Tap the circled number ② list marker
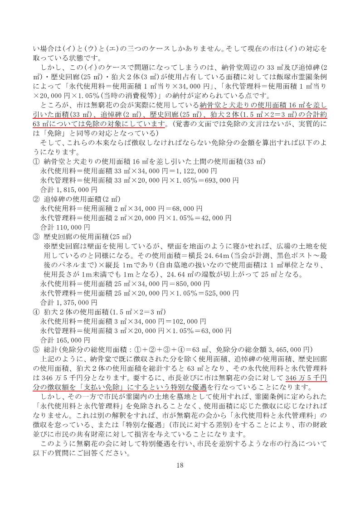[36, 199]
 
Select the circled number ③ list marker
[36, 236]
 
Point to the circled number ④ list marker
[36, 312]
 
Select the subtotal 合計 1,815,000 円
[68, 189]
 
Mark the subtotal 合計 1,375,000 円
[68, 302]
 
